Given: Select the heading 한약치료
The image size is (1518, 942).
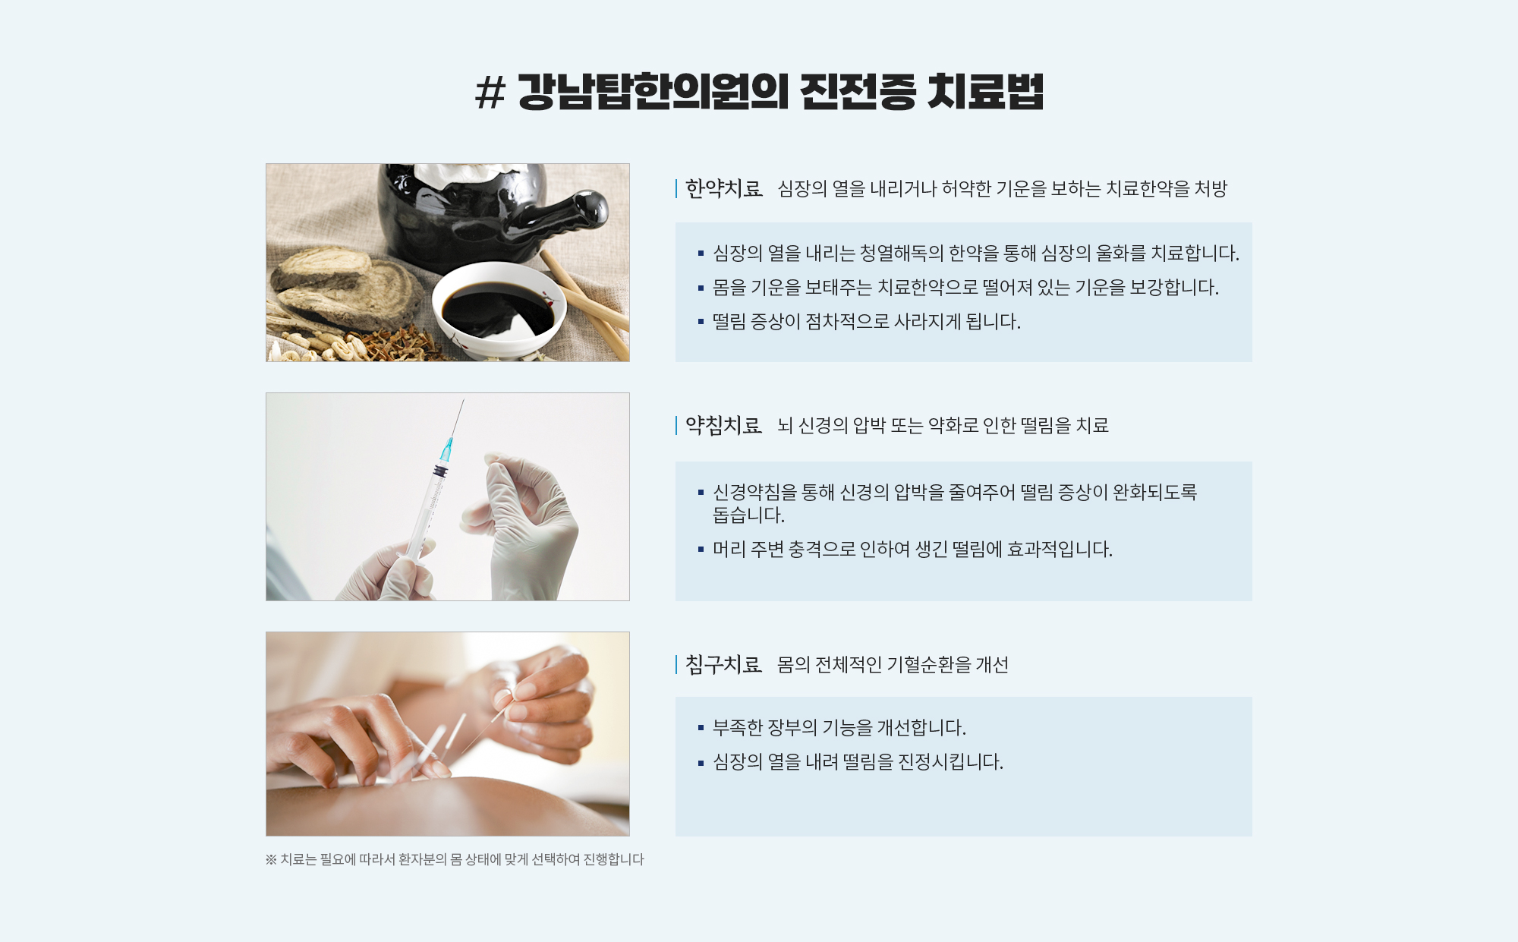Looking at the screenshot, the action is [x=723, y=188].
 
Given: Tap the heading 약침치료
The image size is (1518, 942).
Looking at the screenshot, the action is [x=723, y=425].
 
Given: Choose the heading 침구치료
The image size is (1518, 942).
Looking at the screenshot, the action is [x=723, y=664].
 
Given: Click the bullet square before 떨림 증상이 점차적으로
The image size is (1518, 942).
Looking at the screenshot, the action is [x=701, y=322].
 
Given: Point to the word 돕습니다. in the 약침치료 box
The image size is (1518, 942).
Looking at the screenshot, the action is [x=748, y=515].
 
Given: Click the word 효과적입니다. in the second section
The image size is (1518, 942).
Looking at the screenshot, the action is [x=1060, y=549].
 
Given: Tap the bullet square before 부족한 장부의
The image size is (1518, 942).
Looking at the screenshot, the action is [x=701, y=728].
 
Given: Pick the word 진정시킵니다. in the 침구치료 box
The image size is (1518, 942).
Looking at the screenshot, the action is [x=950, y=761].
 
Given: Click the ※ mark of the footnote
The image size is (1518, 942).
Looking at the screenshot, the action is [x=271, y=859].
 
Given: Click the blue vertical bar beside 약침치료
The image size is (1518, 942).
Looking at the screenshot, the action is [x=676, y=425].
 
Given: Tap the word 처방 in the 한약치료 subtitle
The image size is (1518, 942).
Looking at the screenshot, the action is [x=1211, y=188].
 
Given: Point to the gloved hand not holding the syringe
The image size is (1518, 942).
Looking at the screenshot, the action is [x=524, y=524].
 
